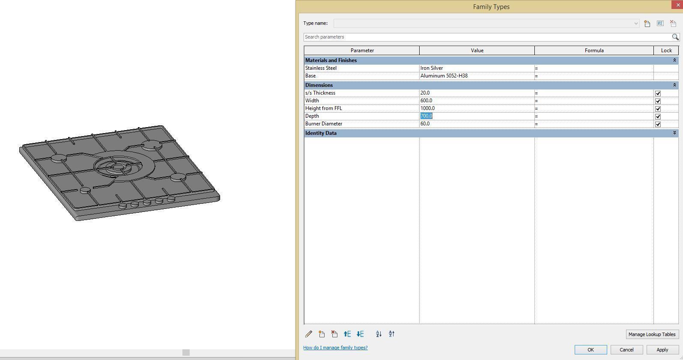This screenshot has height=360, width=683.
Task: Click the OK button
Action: (x=591, y=350)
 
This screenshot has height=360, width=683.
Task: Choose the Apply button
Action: (x=662, y=350)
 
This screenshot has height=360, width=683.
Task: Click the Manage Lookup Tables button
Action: (x=652, y=334)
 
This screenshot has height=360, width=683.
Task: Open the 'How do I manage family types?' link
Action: (x=335, y=348)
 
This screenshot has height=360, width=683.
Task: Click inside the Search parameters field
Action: (x=486, y=37)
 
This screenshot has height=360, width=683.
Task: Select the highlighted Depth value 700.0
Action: (x=427, y=116)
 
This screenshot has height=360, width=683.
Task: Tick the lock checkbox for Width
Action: (x=658, y=101)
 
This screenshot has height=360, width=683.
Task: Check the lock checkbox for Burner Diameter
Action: (x=658, y=124)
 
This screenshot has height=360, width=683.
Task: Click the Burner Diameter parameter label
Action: (x=324, y=124)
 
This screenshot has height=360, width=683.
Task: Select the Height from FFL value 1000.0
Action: (x=427, y=108)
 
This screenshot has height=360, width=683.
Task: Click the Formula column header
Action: (x=594, y=51)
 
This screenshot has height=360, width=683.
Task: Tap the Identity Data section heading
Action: (x=321, y=133)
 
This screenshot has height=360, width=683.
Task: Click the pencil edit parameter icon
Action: (x=308, y=334)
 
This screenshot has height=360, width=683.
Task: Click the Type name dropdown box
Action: (x=486, y=23)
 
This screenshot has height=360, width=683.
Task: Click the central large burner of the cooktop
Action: (x=119, y=167)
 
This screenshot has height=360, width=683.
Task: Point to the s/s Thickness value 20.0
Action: (x=425, y=93)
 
